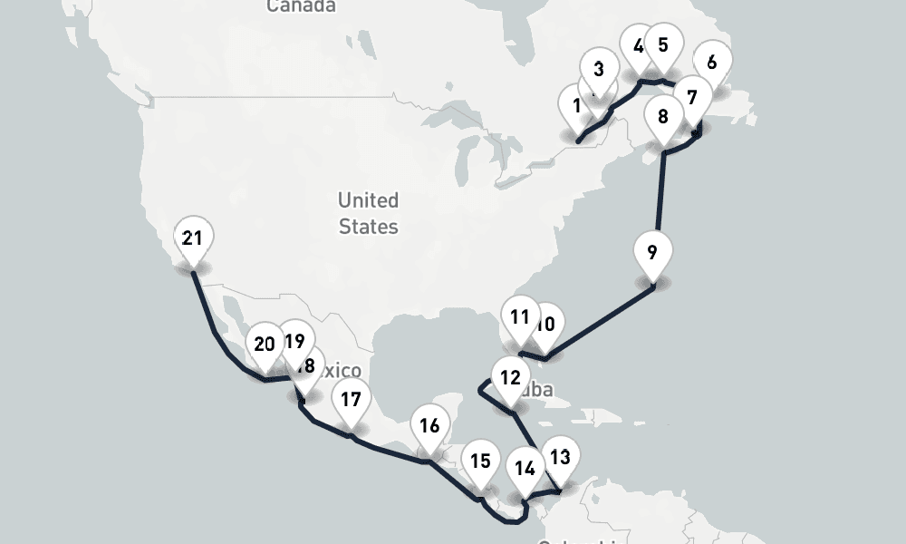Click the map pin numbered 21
tap(191, 238)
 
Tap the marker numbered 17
tap(351, 399)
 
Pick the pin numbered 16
tap(429, 425)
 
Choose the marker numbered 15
tap(480, 461)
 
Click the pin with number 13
tap(561, 457)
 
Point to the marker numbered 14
tap(525, 469)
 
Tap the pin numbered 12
tap(510, 377)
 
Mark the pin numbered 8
tap(663, 116)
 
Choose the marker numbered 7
tap(692, 94)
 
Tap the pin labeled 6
tap(712, 62)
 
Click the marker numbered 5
tap(663, 44)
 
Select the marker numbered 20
tap(265, 344)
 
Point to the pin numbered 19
tap(294, 341)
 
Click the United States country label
tap(368, 212)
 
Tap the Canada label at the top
tap(301, 6)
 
